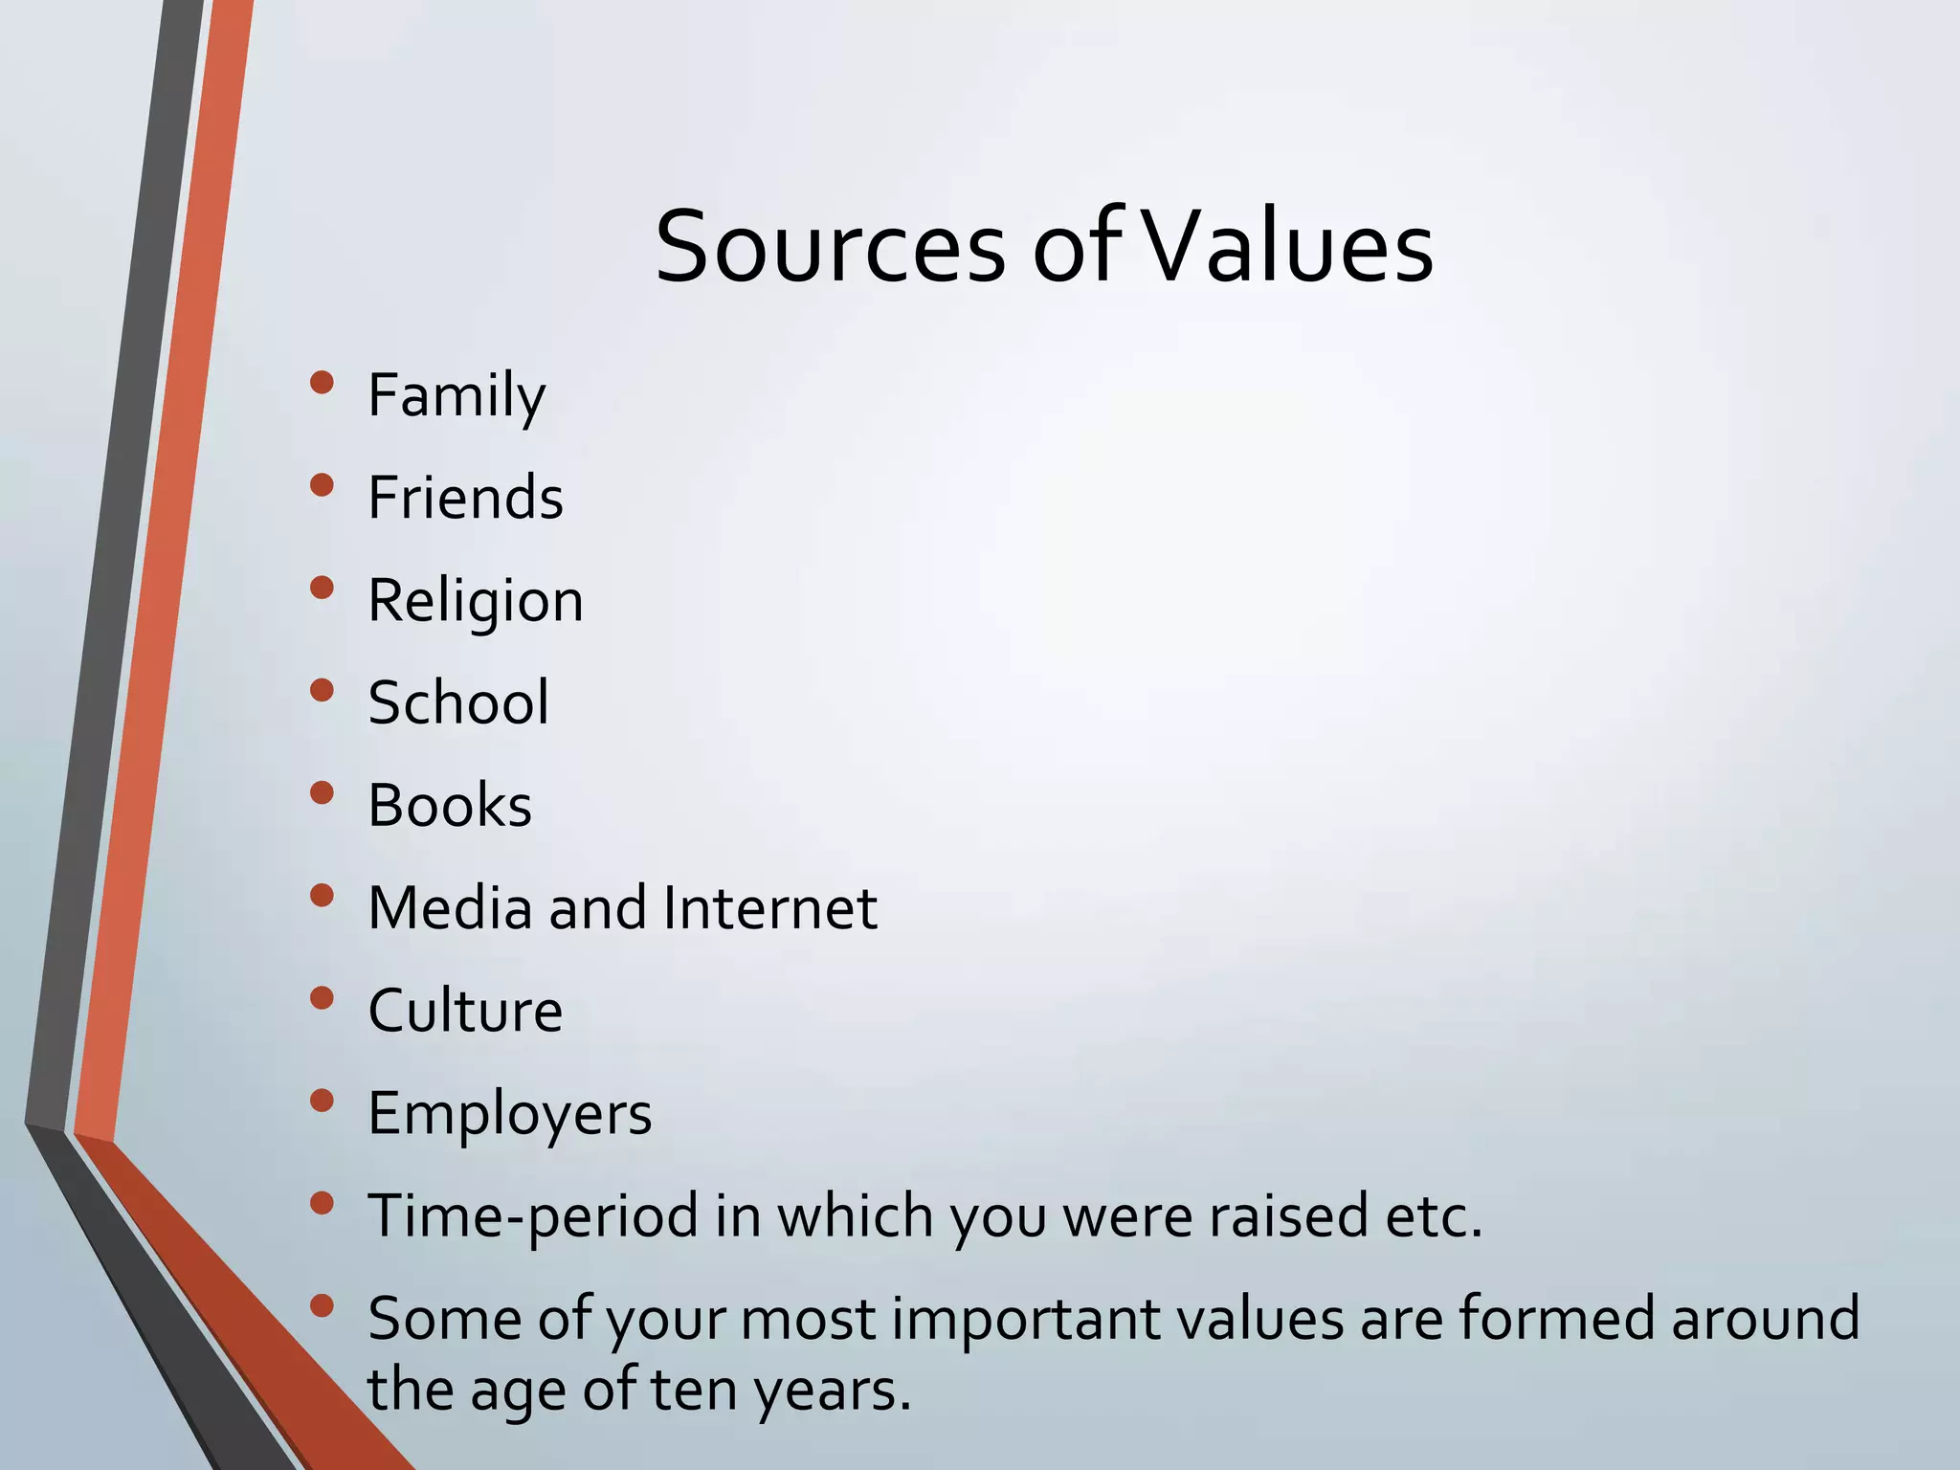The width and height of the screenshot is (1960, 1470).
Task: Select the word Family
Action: (457, 395)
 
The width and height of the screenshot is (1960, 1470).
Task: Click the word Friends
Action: (466, 498)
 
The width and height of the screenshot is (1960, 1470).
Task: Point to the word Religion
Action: (476, 601)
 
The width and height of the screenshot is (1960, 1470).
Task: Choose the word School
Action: (458, 702)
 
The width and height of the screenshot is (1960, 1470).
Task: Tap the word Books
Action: (450, 805)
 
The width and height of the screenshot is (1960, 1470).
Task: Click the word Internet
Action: (769, 907)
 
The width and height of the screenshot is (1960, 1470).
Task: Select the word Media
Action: (450, 907)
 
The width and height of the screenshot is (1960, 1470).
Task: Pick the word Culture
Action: (465, 1011)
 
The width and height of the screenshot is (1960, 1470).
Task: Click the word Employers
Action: (509, 1114)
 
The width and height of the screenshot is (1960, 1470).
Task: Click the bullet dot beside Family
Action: (323, 383)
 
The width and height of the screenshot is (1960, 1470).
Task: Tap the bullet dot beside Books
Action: (323, 792)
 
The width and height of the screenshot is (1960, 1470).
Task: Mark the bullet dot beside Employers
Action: (323, 1101)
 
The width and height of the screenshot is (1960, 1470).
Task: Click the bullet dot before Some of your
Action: (323, 1305)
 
